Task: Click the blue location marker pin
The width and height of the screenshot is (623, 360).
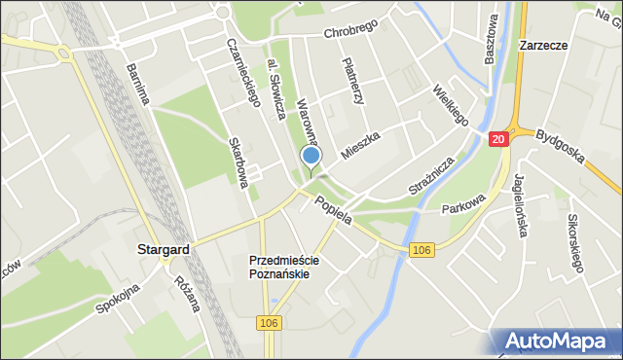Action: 311,157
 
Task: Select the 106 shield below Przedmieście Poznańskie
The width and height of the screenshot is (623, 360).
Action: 271,322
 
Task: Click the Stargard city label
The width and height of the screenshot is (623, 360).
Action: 162,250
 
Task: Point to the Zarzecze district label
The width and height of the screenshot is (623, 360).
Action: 543,45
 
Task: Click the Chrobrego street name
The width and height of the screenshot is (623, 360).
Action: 349,31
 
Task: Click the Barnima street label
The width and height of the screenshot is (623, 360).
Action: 137,85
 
